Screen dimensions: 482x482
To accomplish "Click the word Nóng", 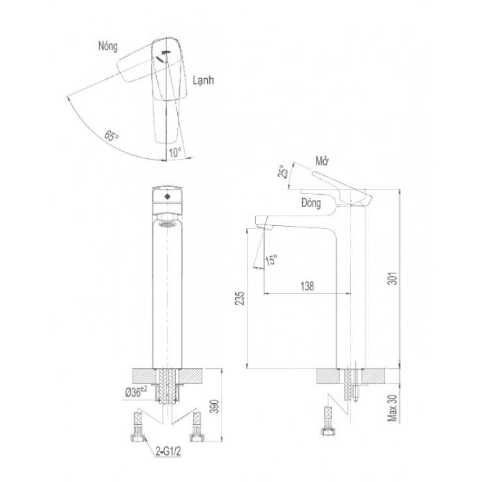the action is pos(108,46).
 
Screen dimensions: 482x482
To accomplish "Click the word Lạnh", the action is pos(203,80).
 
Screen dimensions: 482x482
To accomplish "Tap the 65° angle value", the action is pos(111,135).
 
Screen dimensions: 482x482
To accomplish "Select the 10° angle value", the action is pos(175,153).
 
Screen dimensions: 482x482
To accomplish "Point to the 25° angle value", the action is pos(283,171).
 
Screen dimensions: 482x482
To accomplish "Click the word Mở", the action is pos(322,161).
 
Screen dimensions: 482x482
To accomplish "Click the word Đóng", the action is pos(311,203).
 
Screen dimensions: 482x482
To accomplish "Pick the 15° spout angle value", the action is pos(271,260).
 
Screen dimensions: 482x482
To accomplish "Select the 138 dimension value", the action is pos(307,286).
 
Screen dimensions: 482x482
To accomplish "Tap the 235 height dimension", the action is pos(240,298).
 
